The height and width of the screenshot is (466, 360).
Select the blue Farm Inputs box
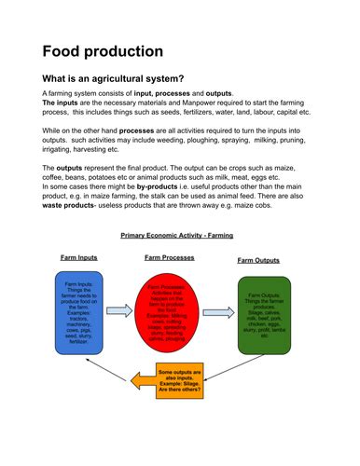(78, 312)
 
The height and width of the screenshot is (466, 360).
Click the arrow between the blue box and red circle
(121, 310)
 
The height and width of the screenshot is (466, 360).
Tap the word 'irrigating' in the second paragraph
(60, 149)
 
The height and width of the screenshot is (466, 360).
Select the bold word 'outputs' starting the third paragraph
(70, 167)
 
